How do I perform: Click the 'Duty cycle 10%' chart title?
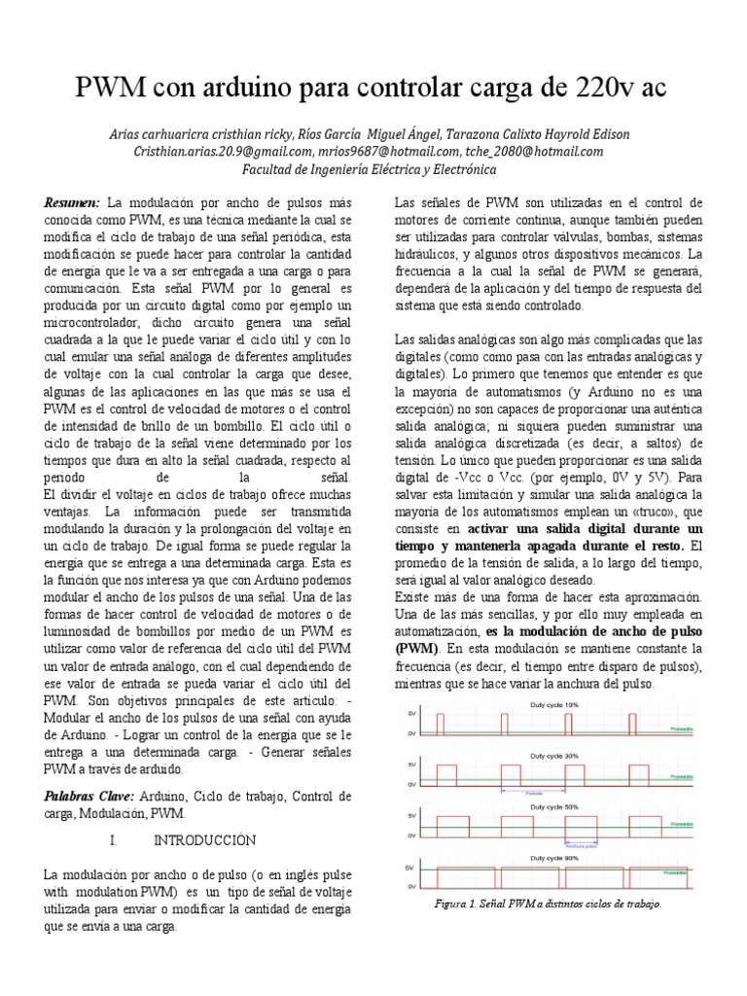pos(552,704)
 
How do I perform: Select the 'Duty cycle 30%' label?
pos(552,756)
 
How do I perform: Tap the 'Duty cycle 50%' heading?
pos(552,807)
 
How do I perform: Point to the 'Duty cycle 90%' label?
pos(552,858)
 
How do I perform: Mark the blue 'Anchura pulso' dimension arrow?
pos(580,843)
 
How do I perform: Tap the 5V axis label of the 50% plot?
pos(412,816)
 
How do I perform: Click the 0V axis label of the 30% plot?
pos(412,784)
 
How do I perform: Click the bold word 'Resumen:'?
pos(72,202)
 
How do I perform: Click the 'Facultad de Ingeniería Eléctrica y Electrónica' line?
pos(369,169)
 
